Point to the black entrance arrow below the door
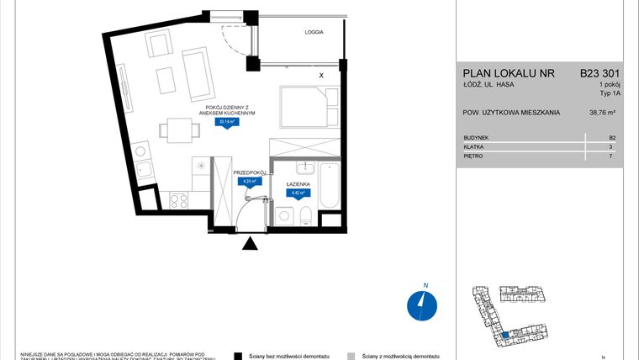(x=250, y=245)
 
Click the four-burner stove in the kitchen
(x=179, y=200)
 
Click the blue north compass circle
(x=419, y=304)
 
